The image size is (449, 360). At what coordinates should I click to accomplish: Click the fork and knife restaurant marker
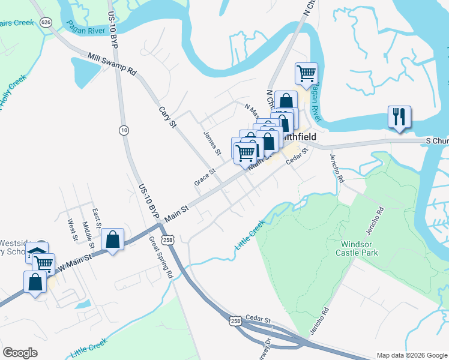coord(399,117)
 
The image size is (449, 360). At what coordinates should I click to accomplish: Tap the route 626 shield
coord(46,22)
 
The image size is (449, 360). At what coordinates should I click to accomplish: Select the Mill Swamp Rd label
coord(112,64)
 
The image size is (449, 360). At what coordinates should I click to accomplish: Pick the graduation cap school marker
coord(37,254)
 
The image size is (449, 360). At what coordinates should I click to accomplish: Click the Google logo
coord(20,353)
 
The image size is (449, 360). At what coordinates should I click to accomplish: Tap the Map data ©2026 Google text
coord(411,355)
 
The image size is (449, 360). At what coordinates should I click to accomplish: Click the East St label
coord(96,219)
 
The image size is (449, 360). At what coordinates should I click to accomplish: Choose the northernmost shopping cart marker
coord(306,74)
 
